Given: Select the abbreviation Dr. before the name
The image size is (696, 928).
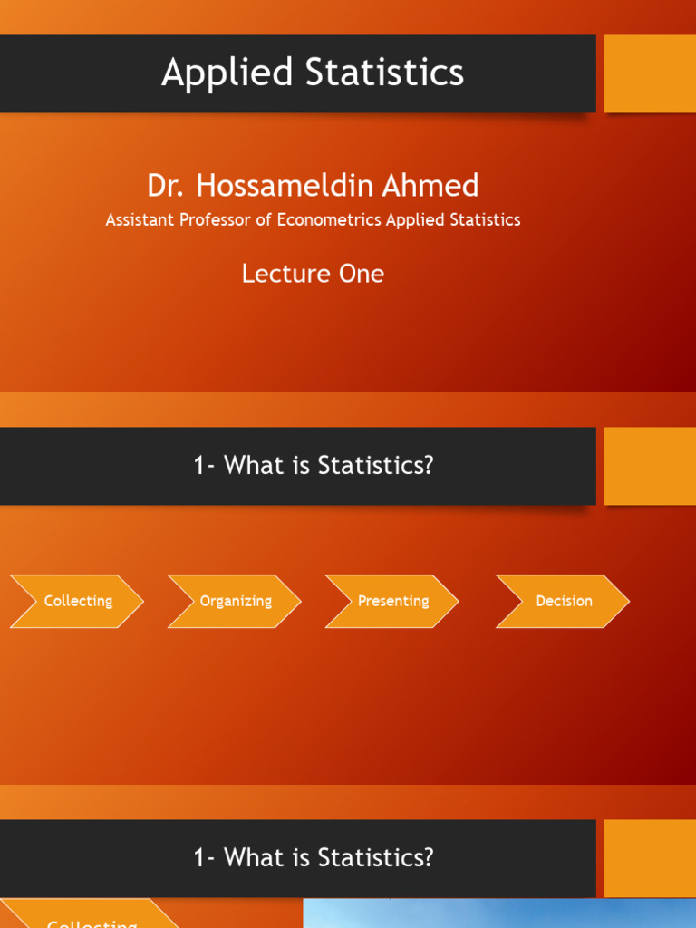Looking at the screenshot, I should (166, 186).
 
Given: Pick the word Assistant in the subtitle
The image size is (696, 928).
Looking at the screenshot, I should (139, 219).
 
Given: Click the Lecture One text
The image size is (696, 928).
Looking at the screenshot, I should (313, 274).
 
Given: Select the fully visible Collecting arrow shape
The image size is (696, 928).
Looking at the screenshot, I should (77, 601).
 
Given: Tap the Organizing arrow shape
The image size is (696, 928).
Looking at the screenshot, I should (235, 601).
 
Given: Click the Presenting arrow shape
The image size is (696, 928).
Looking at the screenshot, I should (392, 601).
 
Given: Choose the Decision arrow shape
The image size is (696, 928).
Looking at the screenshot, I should (563, 601).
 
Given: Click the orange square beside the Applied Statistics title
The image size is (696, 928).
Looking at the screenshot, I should (650, 73).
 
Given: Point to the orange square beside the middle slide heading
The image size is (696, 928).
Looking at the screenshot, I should (650, 466).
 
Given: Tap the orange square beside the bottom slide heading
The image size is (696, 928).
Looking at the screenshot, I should (650, 858).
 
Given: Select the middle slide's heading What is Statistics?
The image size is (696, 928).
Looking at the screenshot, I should (314, 466).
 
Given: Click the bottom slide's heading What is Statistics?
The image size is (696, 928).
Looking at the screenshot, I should (314, 858).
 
